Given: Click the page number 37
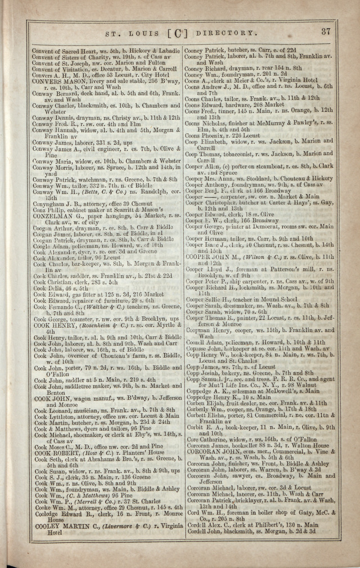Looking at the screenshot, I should [326, 32].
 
